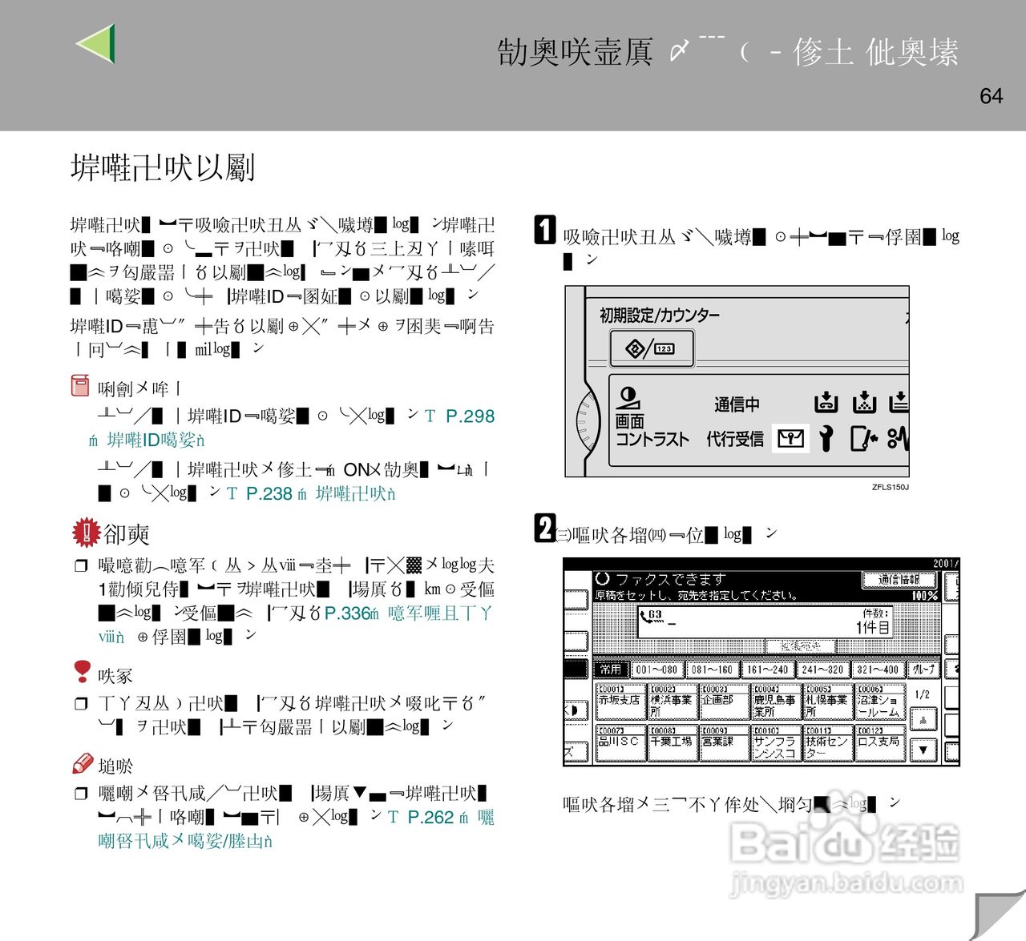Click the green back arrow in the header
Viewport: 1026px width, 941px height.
click(96, 43)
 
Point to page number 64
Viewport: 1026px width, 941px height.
click(991, 96)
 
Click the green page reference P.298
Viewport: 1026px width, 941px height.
click(470, 416)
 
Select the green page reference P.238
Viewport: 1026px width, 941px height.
click(269, 494)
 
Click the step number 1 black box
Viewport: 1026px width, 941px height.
click(545, 230)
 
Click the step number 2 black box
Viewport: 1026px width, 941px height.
click(545, 529)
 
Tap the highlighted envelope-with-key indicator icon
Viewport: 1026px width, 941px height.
click(790, 438)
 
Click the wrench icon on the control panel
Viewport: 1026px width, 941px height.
click(826, 438)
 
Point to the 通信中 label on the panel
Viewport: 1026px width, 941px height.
click(737, 404)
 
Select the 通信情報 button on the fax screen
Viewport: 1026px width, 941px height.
click(899, 579)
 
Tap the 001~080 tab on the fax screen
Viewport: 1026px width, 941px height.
click(656, 670)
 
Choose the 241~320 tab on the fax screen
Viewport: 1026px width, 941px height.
click(822, 670)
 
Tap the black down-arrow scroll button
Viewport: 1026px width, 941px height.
click(923, 750)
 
